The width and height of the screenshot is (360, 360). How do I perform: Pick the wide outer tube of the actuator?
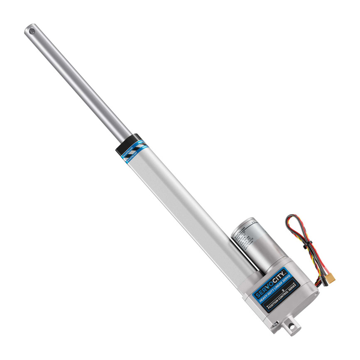click(x=187, y=208)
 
